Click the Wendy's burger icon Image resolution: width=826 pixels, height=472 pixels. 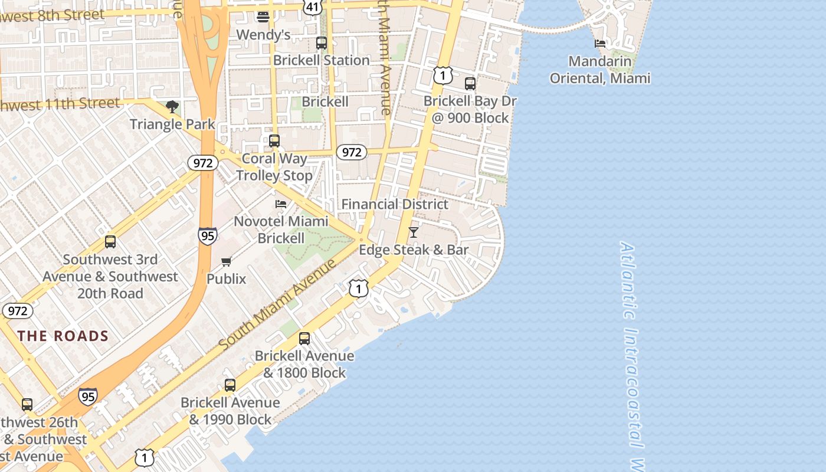pyautogui.click(x=263, y=17)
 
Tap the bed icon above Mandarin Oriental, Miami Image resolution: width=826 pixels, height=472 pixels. pyautogui.click(x=600, y=44)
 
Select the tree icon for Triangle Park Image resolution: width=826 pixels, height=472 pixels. pyautogui.click(x=172, y=107)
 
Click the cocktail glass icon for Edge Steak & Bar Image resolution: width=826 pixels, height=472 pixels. pyautogui.click(x=414, y=232)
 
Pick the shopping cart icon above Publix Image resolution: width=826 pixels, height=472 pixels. pyautogui.click(x=226, y=261)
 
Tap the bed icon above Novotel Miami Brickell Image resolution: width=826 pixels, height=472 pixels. pyautogui.click(x=281, y=204)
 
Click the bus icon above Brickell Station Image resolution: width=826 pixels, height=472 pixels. pyautogui.click(x=322, y=43)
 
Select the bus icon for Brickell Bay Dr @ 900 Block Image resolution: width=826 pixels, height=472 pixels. pyautogui.click(x=470, y=84)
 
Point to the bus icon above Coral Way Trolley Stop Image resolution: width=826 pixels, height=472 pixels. pyautogui.click(x=274, y=141)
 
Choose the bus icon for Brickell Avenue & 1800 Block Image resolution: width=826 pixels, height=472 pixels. pyautogui.click(x=304, y=339)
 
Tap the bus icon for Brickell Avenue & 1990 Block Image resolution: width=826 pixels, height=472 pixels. pyautogui.click(x=230, y=385)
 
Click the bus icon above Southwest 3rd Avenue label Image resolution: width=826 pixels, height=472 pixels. pyautogui.click(x=110, y=242)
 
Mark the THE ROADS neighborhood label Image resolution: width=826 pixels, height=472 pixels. pyautogui.click(x=63, y=336)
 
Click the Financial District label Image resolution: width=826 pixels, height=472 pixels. pyautogui.click(x=395, y=204)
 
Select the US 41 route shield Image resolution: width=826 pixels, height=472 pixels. pyautogui.click(x=313, y=6)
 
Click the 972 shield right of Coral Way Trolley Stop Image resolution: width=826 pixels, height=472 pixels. pyautogui.click(x=352, y=152)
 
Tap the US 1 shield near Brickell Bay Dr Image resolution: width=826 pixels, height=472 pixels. pyautogui.click(x=442, y=75)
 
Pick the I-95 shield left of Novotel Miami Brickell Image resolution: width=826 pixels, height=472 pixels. pyautogui.click(x=207, y=236)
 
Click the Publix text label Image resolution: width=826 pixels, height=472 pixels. pyautogui.click(x=226, y=278)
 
